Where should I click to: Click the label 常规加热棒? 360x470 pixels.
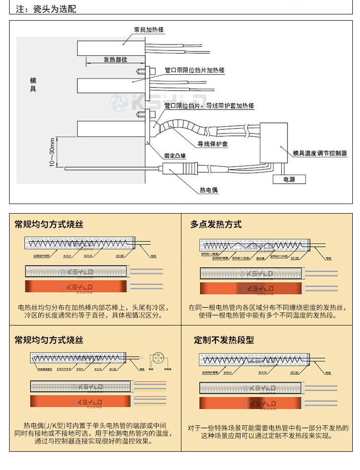149,30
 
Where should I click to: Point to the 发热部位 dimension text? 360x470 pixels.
115,60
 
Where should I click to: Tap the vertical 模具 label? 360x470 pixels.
33,84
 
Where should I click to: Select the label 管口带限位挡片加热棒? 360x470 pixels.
194,70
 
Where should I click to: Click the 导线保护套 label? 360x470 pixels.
213,144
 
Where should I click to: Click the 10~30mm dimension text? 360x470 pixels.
52,152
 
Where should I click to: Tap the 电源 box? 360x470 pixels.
289,179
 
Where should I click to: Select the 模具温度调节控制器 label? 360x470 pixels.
320,154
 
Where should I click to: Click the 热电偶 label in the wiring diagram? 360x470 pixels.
209,190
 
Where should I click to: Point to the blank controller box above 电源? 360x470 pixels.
273,143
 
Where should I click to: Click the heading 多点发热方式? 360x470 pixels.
216,224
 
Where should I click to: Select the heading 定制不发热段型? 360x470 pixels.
224,340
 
